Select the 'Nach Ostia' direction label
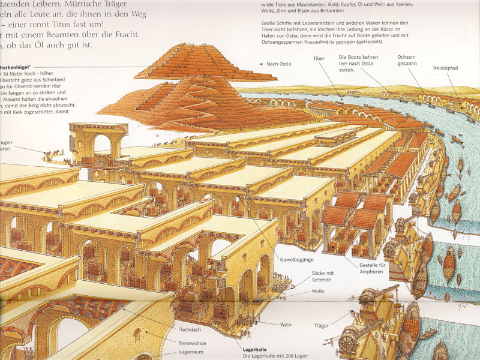pyautogui.click(x=279, y=63)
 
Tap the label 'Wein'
pyautogui.click(x=286, y=325)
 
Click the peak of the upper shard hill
pyautogui.click(x=190, y=45)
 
